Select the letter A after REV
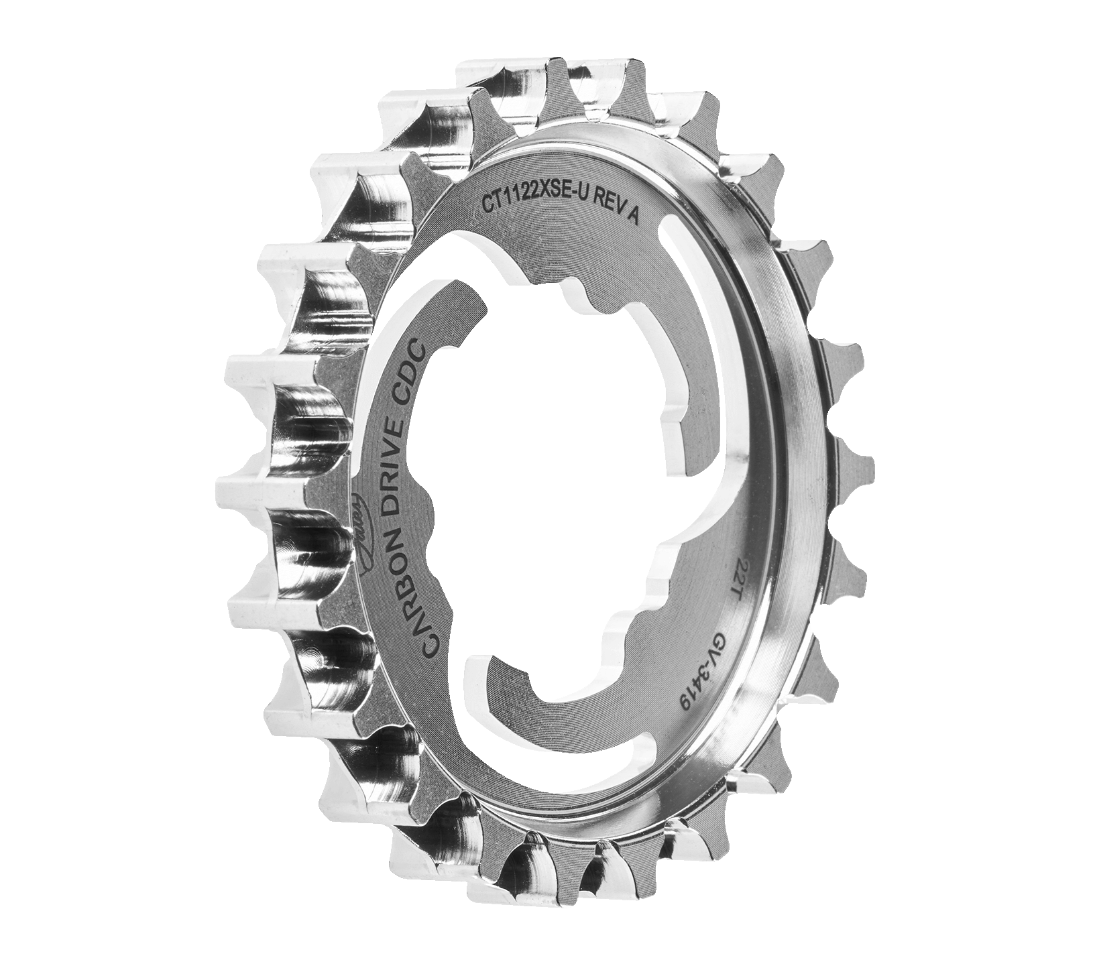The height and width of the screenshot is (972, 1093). [x=632, y=216]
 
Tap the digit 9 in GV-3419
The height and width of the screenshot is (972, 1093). [x=685, y=703]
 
